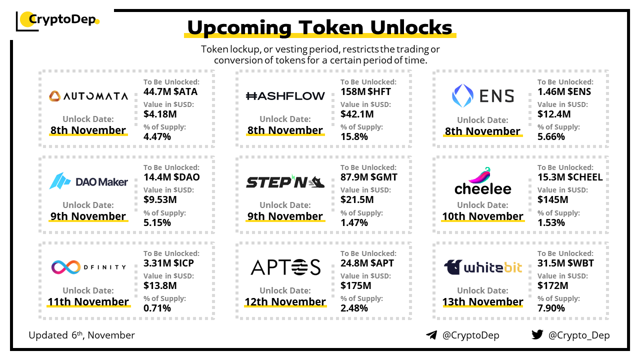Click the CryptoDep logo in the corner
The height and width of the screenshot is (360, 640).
(57, 20)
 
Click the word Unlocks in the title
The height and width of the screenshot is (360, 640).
(411, 27)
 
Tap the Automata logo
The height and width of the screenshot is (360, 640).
(88, 96)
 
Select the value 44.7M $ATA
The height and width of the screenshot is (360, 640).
(170, 91)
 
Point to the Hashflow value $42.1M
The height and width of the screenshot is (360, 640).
(357, 114)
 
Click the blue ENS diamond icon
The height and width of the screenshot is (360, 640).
(462, 95)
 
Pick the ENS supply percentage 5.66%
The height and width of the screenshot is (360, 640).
(551, 137)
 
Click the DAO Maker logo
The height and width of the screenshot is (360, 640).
(88, 181)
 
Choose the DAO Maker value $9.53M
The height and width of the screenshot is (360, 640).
(160, 199)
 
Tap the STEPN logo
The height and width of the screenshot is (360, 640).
(285, 181)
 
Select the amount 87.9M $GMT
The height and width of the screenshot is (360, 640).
(368, 177)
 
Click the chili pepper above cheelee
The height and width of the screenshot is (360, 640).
(480, 175)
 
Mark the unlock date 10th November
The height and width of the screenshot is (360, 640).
(482, 216)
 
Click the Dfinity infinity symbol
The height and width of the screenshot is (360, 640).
(65, 267)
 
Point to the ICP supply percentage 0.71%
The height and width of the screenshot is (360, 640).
(157, 308)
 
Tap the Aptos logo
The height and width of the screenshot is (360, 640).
(285, 267)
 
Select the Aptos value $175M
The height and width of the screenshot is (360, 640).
(355, 285)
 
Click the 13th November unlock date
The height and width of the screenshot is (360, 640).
(482, 301)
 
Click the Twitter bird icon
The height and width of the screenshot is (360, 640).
(537, 334)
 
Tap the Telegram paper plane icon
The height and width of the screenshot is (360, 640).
(431, 335)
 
